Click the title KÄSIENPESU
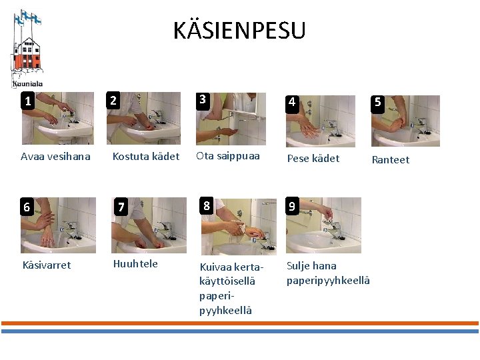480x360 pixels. (239, 30)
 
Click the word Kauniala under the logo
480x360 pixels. (27, 84)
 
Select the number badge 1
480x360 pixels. (28, 101)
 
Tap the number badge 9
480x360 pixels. (292, 206)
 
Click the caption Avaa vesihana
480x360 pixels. (55, 157)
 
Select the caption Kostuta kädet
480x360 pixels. (146, 157)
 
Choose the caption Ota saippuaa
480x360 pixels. (228, 156)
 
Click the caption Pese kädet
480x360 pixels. (313, 158)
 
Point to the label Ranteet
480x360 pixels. (391, 159)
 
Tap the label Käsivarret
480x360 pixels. (47, 265)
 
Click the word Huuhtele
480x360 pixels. (135, 263)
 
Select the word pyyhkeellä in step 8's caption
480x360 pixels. (225, 311)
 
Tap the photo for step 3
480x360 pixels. (231, 119)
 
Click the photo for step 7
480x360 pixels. (149, 225)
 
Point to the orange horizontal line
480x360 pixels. (240, 323)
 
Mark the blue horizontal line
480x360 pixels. (240, 331)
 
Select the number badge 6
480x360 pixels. (27, 207)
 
